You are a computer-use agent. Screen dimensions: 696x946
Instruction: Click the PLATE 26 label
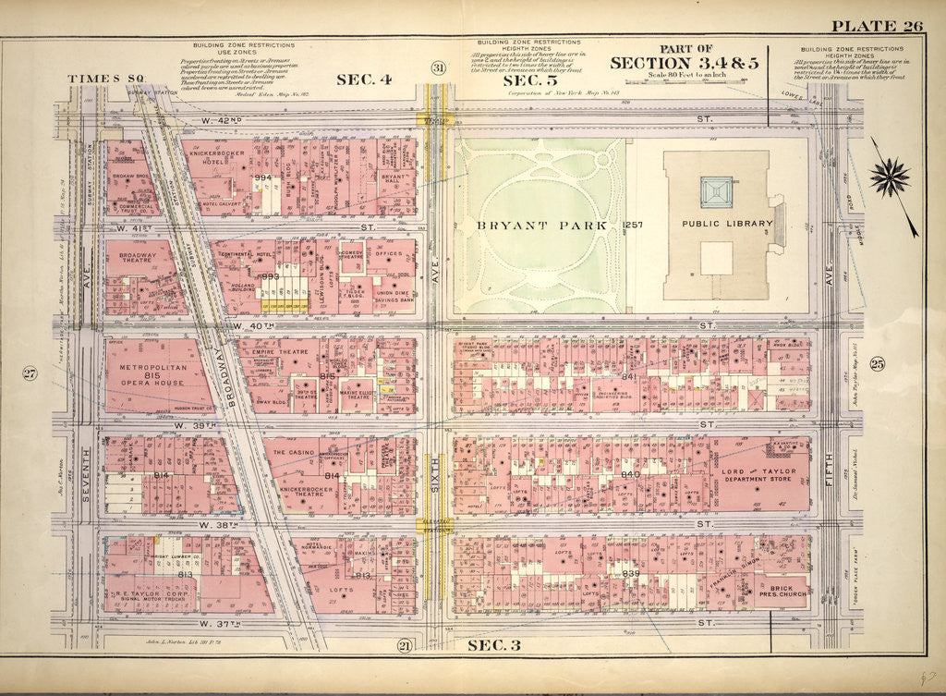click(877, 25)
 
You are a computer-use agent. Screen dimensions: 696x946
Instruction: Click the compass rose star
click(890, 177)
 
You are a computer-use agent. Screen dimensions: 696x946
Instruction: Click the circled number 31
click(438, 67)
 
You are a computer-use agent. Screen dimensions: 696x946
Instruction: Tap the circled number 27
click(30, 373)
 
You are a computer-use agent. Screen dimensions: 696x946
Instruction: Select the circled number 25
click(877, 363)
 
